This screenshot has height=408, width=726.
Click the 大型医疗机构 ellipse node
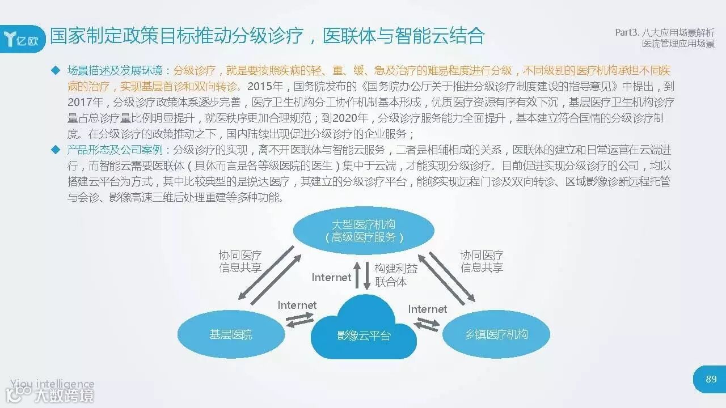point(364,231)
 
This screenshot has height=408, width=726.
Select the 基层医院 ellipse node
point(231,334)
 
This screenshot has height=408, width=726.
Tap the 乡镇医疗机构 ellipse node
point(496,334)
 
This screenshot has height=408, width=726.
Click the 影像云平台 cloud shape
point(364,331)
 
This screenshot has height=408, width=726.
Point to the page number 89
point(711,379)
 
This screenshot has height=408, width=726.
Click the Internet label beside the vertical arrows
point(331,277)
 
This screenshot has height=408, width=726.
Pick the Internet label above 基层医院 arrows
point(297,305)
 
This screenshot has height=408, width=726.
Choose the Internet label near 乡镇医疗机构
point(427,309)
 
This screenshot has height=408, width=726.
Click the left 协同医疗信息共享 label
point(240,261)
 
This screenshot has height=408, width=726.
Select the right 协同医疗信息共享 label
point(482,261)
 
